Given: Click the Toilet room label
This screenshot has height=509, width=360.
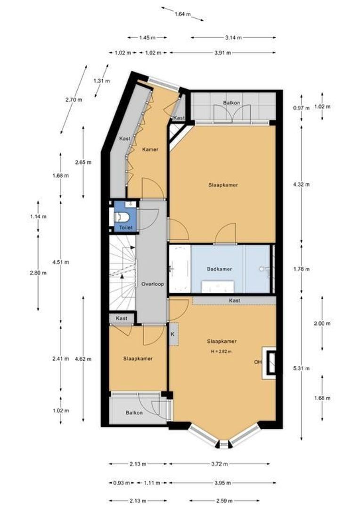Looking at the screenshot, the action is (126, 228).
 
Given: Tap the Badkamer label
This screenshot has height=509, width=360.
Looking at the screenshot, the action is (220, 269).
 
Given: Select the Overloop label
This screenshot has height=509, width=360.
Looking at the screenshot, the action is (153, 284).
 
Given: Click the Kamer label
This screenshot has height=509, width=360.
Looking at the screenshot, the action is (150, 150).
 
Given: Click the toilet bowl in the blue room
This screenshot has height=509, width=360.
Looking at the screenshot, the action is (123, 217).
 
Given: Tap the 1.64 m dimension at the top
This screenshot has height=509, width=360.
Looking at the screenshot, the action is (182, 14).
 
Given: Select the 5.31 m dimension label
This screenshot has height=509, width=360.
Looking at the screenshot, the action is (301, 369).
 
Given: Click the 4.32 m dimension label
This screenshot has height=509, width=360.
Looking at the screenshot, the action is (301, 184).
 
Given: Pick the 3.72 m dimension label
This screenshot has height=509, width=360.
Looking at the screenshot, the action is (219, 464).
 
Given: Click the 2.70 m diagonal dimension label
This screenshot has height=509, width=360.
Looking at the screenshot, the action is (74, 99).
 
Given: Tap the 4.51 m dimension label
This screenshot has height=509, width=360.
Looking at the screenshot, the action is (61, 262).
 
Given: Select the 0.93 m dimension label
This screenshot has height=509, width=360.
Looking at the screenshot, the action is (122, 483).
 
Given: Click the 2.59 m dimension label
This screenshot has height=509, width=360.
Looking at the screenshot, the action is (224, 501).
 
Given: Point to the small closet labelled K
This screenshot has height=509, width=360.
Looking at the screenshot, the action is (173, 334).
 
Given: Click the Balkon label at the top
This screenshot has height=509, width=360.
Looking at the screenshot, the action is (231, 103).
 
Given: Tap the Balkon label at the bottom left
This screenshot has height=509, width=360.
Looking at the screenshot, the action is (134, 413).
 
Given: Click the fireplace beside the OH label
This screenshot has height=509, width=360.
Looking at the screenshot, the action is (269, 362).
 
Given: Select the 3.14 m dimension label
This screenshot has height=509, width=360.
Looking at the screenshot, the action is (233, 38).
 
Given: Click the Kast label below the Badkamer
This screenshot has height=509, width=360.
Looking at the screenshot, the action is (234, 301).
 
